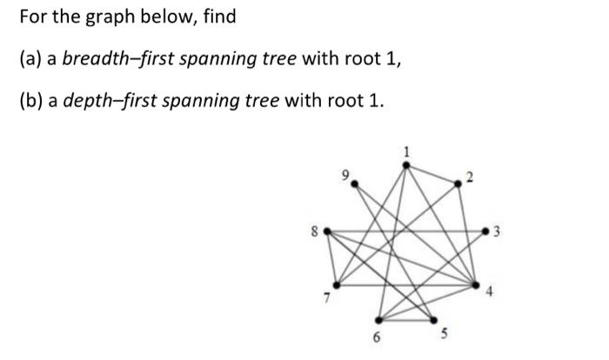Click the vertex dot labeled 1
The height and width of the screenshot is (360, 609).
point(406,163)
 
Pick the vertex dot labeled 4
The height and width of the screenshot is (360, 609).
point(476,284)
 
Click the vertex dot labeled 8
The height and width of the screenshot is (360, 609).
point(326,231)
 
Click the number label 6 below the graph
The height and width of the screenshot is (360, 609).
point(378,337)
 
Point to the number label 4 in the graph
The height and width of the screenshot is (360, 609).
point(489,295)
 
